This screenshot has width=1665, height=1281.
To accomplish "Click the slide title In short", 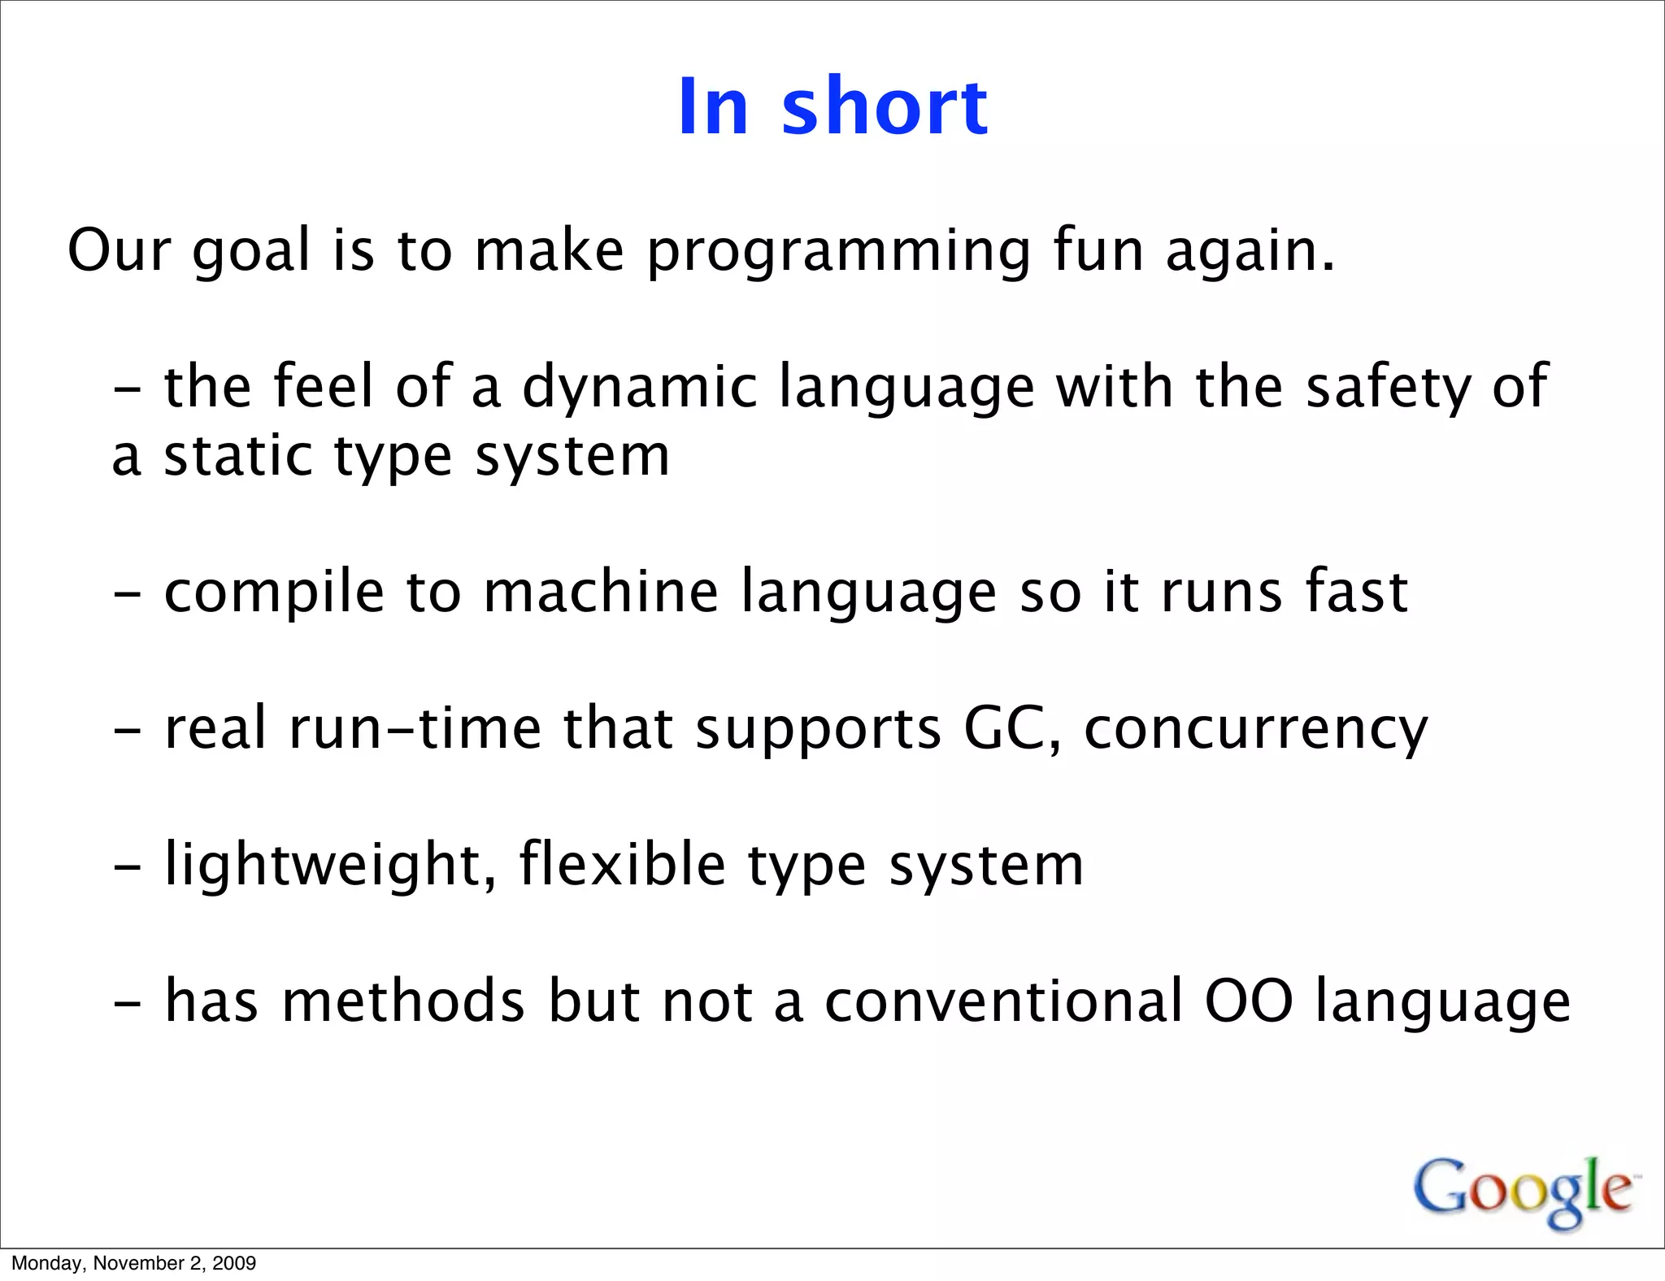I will (x=832, y=106).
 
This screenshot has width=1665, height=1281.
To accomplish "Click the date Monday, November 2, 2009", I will (x=133, y=1263).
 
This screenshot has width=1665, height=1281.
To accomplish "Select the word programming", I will (x=839, y=252).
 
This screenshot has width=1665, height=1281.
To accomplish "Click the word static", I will (x=238, y=457).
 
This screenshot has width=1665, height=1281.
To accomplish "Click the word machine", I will (x=601, y=592).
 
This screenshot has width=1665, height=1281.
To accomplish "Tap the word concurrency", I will (x=1256, y=730).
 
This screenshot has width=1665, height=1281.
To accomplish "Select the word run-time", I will (x=415, y=728).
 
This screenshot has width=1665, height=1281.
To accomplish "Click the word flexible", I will (x=622, y=864).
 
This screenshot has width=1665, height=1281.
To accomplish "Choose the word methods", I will (x=403, y=1001).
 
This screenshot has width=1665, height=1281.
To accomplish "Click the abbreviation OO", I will (x=1249, y=1001).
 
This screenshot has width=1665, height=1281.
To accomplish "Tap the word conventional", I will (x=1003, y=1001).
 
